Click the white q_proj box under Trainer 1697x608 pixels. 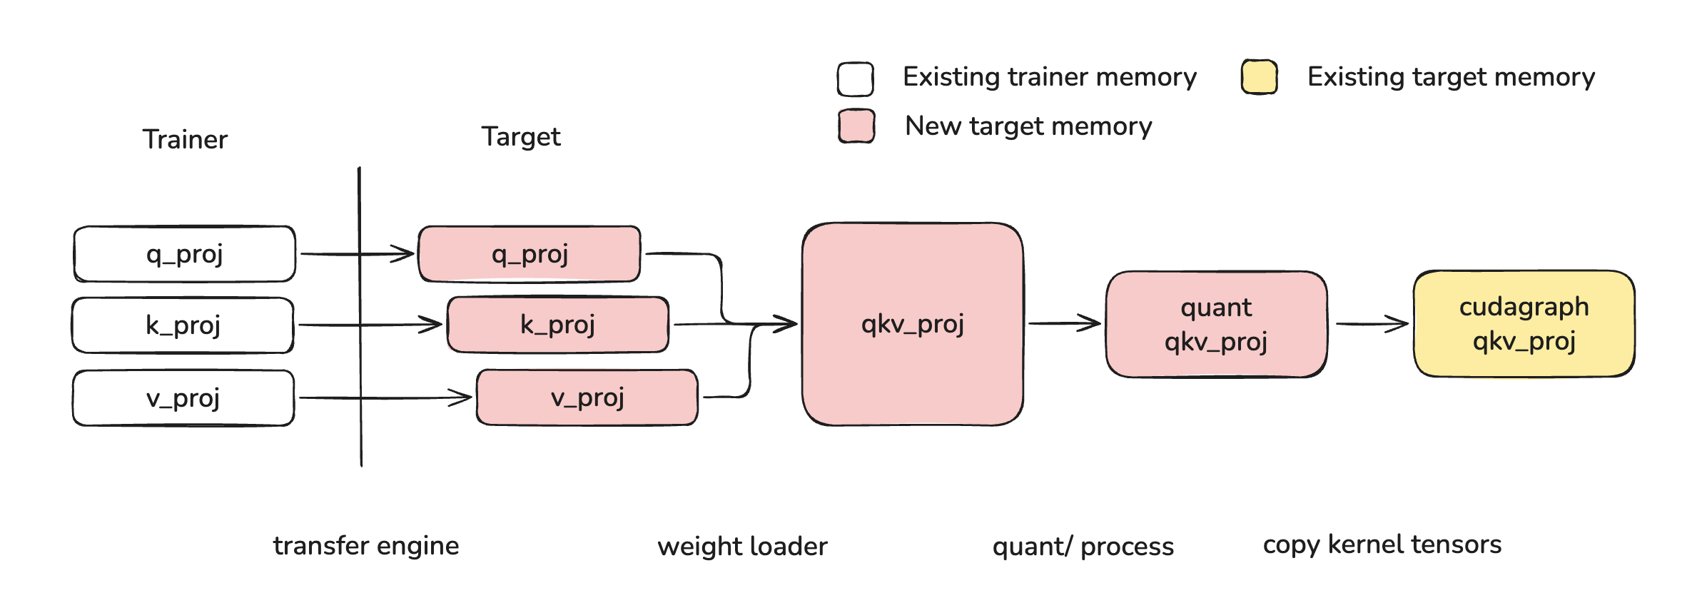[185, 254]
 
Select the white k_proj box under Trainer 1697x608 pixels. [183, 325]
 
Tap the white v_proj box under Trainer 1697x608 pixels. [183, 398]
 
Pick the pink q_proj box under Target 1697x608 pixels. [530, 254]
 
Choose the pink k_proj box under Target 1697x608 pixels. [558, 325]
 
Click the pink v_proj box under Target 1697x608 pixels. [587, 397]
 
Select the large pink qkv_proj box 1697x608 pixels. [913, 324]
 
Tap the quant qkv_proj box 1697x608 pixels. [1217, 324]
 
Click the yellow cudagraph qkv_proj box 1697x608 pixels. [1524, 323]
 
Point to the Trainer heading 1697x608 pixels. [185, 139]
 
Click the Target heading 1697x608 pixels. [521, 137]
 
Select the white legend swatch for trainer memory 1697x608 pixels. [856, 78]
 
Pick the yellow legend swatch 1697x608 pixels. [1260, 77]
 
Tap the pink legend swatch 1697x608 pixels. [857, 126]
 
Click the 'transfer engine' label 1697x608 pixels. [366, 546]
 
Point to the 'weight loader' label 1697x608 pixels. [743, 547]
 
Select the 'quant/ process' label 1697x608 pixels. [1083, 547]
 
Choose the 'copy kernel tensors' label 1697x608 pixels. [1382, 545]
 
